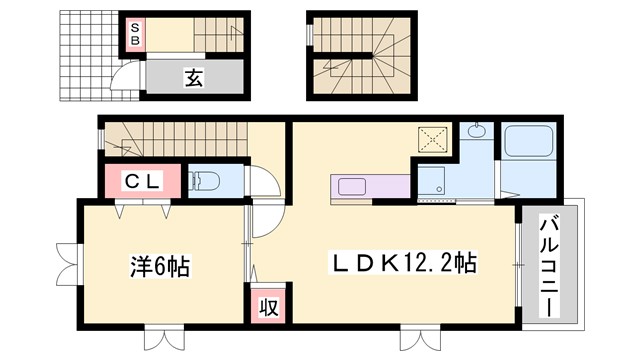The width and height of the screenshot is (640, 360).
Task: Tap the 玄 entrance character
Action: click(193, 78)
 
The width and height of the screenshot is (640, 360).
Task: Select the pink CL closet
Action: click(143, 180)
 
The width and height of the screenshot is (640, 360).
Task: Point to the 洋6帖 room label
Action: click(160, 267)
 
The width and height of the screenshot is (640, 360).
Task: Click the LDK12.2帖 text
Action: click(403, 264)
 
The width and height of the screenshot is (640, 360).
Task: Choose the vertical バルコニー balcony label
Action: click(549, 264)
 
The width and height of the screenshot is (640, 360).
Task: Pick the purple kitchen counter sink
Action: click(352, 186)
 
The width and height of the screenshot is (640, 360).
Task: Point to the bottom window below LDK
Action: click(419, 338)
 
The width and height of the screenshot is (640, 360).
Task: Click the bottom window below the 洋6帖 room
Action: click(166, 338)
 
